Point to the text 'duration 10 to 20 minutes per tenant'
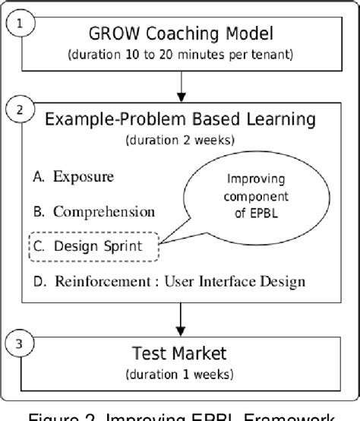180,55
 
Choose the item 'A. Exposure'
73,176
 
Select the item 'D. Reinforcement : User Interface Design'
169,281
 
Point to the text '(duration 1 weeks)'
180,374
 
